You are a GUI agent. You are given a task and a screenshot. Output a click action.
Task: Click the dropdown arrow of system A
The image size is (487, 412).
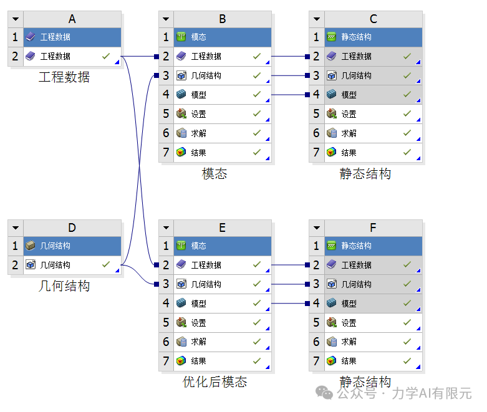tap(16, 19)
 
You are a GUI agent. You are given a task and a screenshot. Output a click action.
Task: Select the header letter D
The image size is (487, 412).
tap(72, 228)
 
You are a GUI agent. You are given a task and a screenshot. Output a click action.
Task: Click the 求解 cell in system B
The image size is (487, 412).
tap(223, 133)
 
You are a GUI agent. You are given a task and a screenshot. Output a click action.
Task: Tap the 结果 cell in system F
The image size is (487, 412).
tap(374, 361)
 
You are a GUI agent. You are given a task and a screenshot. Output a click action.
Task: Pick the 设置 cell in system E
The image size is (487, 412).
tap(223, 323)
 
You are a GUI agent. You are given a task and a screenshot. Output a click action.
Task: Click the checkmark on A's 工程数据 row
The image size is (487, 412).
tap(106, 56)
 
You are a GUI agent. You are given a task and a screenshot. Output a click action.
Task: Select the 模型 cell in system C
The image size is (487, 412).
tap(374, 95)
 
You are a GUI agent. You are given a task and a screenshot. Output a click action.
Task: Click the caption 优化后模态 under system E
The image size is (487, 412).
tap(215, 382)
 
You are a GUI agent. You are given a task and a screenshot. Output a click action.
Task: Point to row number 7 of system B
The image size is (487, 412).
tap(166, 153)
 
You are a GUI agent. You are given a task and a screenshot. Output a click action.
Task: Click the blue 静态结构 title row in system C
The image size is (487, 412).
tap(374, 37)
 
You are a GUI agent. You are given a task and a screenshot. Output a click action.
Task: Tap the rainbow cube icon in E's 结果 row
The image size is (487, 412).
tap(181, 361)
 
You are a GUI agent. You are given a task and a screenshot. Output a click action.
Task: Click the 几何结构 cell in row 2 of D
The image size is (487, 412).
tap(72, 265)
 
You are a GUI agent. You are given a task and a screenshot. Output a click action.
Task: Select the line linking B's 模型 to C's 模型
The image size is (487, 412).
tap(290, 95)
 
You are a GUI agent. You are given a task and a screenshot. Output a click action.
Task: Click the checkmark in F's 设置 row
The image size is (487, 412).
tap(407, 323)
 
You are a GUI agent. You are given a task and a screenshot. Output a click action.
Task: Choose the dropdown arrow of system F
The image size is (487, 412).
tap(317, 228)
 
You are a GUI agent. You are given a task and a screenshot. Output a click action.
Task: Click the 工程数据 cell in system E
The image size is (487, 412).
tap(223, 265)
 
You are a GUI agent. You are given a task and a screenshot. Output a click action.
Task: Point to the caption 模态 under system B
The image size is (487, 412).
tap(215, 173)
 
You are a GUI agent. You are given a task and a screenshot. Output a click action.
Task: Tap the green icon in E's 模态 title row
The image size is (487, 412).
tap(181, 246)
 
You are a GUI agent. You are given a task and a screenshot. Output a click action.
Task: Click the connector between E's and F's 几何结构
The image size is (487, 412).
tap(290, 284)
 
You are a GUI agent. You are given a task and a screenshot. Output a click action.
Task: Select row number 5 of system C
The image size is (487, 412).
tap(317, 114)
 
